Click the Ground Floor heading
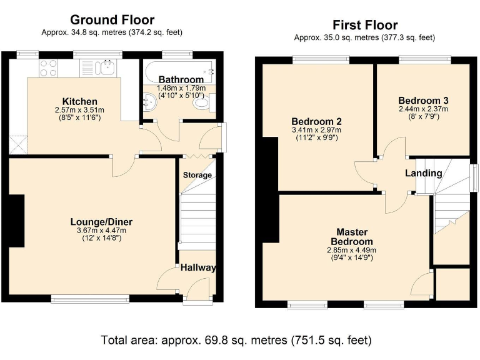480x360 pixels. [112, 20]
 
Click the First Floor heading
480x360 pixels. [364, 25]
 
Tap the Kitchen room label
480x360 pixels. [79, 101]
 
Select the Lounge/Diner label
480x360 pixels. [101, 221]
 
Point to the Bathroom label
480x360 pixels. [181, 79]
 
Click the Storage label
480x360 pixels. [197, 175]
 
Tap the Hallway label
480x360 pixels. [198, 267]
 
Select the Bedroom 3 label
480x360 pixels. [423, 100]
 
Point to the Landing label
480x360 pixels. [423, 173]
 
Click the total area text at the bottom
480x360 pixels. [237, 341]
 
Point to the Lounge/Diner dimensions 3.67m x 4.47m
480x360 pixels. [101, 230]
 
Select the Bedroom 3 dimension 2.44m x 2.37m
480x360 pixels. [423, 109]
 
